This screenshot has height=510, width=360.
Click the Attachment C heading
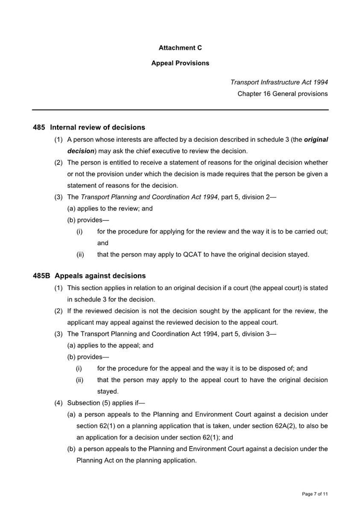[180, 48]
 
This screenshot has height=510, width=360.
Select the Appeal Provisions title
[180, 63]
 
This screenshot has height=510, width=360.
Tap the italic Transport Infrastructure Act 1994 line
[279, 82]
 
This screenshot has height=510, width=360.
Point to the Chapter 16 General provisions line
[282, 94]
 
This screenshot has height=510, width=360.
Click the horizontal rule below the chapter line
[180, 110]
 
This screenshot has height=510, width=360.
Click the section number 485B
[41, 276]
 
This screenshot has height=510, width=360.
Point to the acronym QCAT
[191, 255]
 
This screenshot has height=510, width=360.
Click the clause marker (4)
[59, 403]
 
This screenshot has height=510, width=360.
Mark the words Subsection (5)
[87, 403]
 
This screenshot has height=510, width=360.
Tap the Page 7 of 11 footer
[315, 494]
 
